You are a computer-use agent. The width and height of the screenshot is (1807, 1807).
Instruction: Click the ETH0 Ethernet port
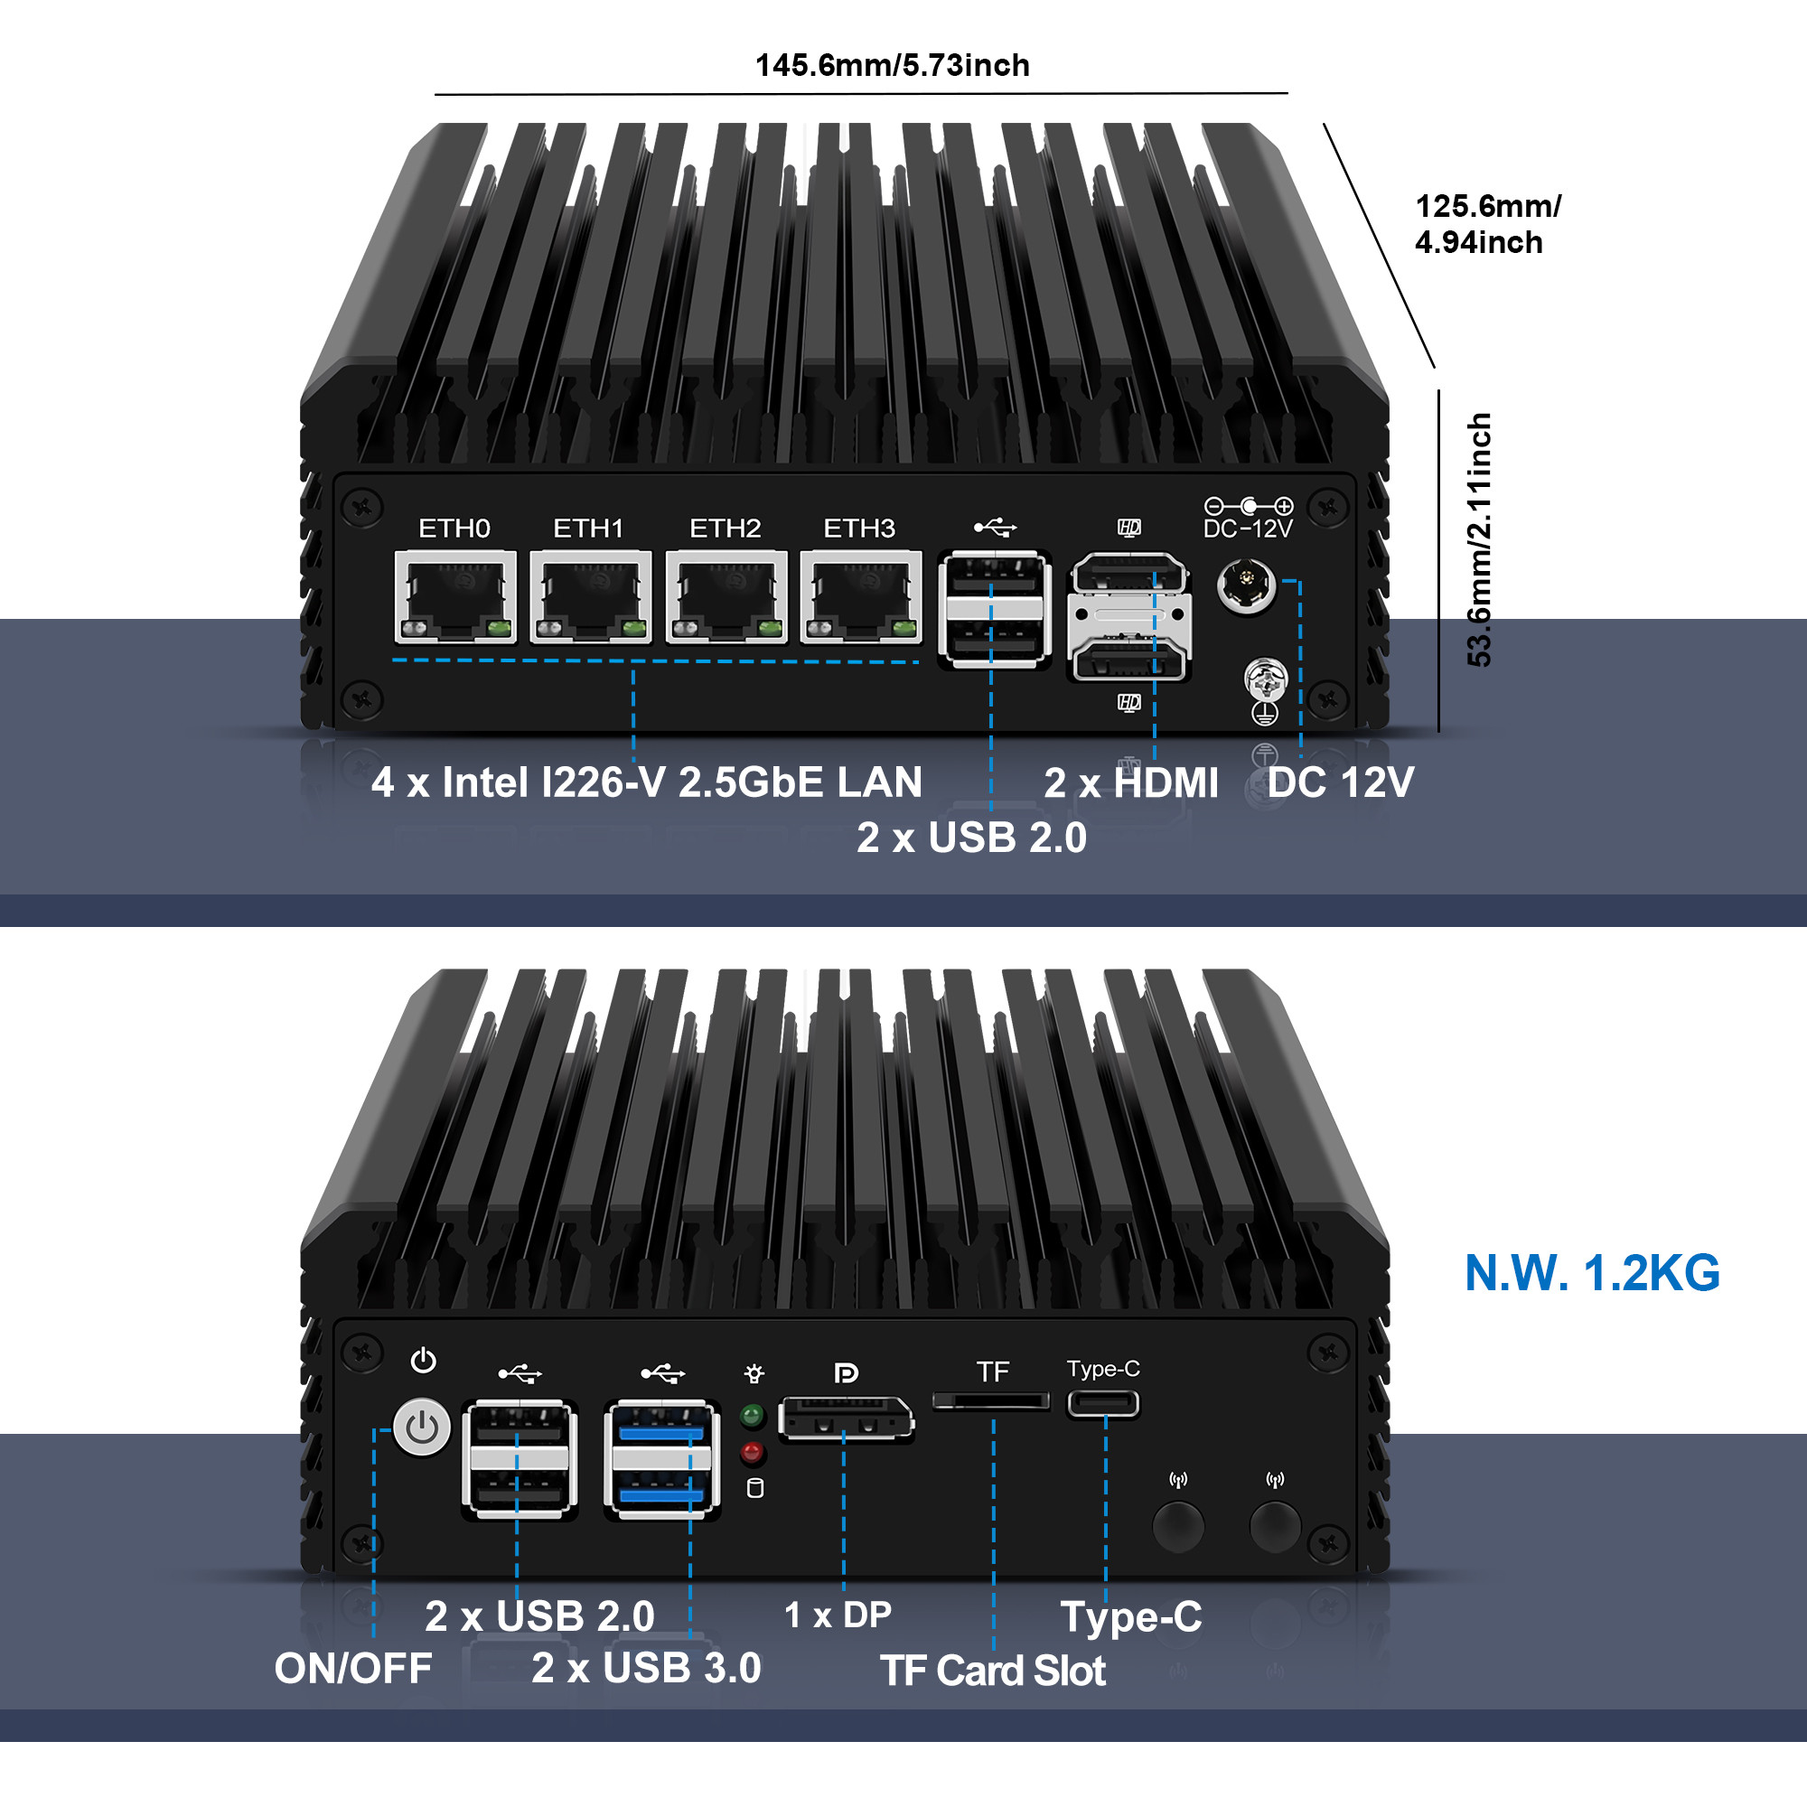point(455,596)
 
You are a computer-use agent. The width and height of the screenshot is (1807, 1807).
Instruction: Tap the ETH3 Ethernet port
point(860,596)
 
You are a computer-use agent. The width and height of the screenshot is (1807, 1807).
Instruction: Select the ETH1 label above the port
point(588,529)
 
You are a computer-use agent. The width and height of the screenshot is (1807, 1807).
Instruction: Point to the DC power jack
point(1247,586)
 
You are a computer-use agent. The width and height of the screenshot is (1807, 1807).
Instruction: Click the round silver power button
point(423,1428)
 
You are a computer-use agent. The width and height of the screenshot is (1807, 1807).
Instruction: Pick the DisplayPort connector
point(846,1418)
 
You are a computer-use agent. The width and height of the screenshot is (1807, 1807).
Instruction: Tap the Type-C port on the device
point(1104,1404)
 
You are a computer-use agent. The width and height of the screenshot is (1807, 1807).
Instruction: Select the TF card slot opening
point(991,1400)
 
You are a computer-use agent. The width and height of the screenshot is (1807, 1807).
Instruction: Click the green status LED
point(752,1415)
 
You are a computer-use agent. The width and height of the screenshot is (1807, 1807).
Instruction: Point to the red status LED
point(752,1453)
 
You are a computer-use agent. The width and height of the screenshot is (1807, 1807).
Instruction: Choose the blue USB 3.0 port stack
point(662,1458)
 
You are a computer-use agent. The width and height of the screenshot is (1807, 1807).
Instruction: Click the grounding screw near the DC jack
point(1266,680)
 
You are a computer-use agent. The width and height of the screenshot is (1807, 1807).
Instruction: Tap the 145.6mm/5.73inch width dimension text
point(893,65)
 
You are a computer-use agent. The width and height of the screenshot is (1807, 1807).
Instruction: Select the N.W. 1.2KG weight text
point(1592,1273)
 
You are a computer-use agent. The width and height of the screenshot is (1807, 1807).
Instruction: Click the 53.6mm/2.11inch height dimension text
point(1480,539)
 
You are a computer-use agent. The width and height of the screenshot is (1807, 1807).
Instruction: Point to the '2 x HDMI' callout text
point(1131,782)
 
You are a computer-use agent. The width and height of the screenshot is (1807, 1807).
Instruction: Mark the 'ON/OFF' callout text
point(353,1669)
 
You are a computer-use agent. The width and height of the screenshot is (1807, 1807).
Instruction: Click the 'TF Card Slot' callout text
point(992,1671)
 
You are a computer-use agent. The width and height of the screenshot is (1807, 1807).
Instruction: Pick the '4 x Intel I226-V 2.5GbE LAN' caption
point(646,782)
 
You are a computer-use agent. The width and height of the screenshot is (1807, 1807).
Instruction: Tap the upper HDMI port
point(1128,575)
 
